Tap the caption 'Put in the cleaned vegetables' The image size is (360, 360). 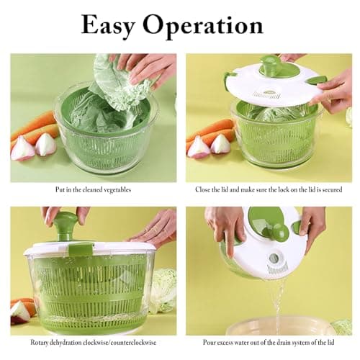pos(92,190)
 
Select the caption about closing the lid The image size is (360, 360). pos(268,190)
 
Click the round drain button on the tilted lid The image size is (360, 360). pos(274,258)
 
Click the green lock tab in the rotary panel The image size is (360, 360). pos(80,249)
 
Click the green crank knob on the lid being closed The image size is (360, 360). pos(269,66)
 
